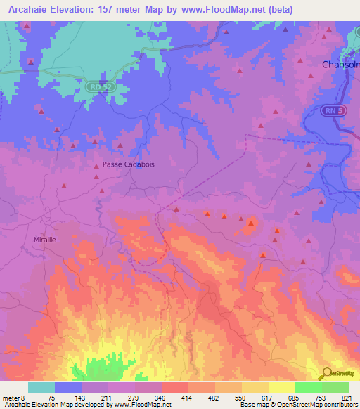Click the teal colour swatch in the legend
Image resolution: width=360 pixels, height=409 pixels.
[x=41, y=387]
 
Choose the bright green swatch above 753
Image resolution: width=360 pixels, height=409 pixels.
[x=308, y=387]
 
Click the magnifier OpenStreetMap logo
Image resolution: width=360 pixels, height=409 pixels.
[x=328, y=374]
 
